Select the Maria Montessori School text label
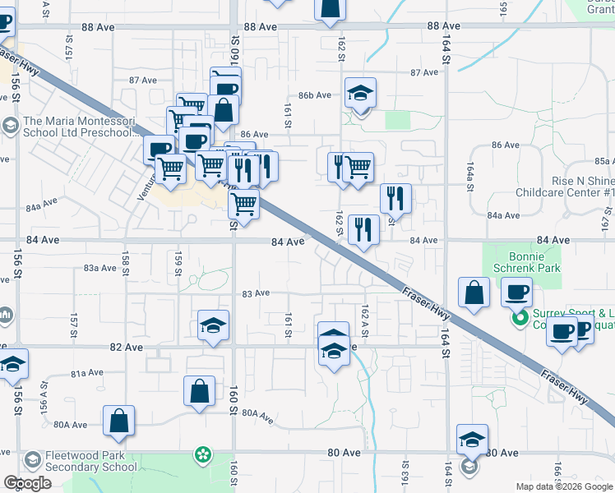tap(77, 125)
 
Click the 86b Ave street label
tap(314, 95)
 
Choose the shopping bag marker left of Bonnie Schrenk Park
tap(474, 293)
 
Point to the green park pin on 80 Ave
tap(202, 454)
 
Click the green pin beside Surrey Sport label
tap(520, 318)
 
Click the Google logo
tap(27, 483)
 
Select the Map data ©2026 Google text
tap(563, 486)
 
